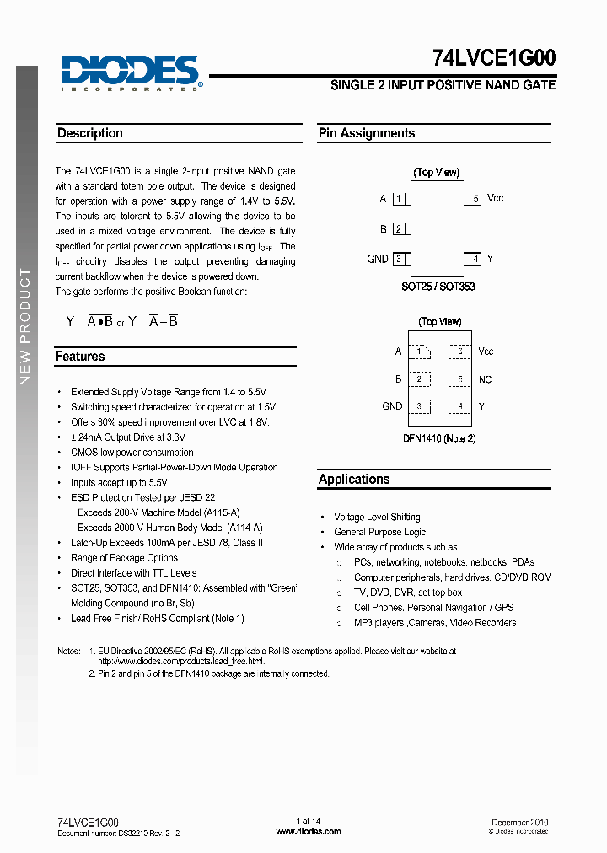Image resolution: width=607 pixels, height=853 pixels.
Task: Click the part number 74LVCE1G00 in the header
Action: (x=493, y=58)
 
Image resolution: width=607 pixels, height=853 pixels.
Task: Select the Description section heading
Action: (x=90, y=133)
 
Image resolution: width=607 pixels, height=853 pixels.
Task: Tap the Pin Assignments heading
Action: (x=367, y=133)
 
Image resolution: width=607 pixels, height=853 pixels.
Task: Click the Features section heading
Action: (x=80, y=357)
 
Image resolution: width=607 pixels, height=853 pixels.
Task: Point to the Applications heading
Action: (x=354, y=480)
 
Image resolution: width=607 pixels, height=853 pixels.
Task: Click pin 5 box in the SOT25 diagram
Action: (x=475, y=199)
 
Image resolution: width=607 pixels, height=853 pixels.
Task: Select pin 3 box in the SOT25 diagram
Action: (x=399, y=259)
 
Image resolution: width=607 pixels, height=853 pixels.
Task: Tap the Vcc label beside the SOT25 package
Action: (x=496, y=198)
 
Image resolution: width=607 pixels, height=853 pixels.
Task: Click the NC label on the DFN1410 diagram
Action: (x=485, y=380)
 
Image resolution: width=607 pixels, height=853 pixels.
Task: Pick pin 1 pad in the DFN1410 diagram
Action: (x=418, y=351)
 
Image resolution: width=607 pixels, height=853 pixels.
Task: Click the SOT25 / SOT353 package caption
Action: (x=438, y=287)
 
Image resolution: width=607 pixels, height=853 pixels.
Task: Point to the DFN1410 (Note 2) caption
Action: (x=439, y=438)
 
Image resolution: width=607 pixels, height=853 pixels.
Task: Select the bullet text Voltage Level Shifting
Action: (x=377, y=518)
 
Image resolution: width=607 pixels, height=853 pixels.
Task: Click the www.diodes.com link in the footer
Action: (x=309, y=831)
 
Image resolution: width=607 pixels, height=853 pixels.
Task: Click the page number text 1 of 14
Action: (x=309, y=821)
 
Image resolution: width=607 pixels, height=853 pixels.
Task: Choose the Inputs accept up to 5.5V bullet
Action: (x=119, y=483)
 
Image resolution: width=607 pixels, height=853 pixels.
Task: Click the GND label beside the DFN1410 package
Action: (x=392, y=406)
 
